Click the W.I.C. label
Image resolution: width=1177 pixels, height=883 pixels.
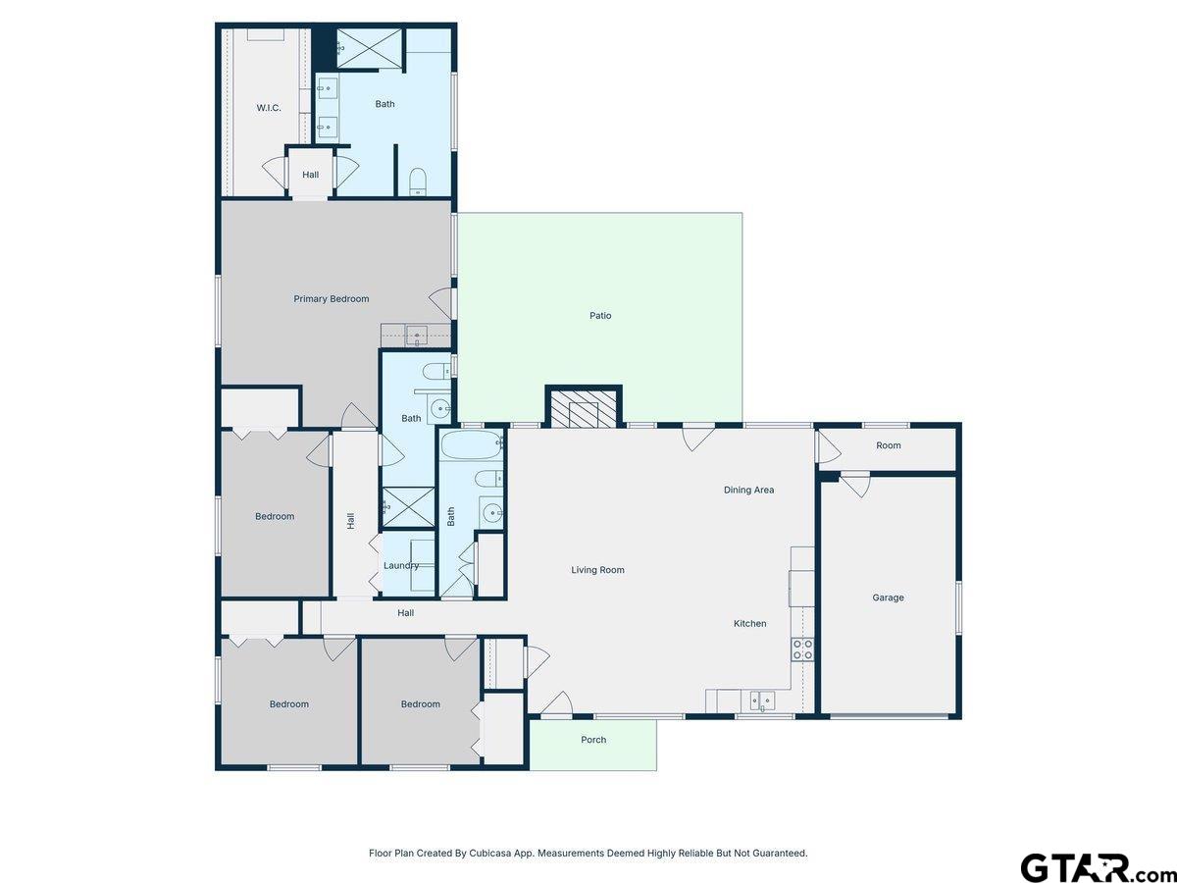tap(269, 108)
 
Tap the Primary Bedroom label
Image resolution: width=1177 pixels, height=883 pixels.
tap(332, 299)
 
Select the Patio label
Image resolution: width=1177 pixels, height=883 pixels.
tap(600, 316)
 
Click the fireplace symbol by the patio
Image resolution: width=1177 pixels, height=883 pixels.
tap(584, 409)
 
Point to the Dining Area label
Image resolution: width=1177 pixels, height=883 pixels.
tap(749, 491)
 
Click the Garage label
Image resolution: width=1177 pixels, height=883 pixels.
tap(889, 597)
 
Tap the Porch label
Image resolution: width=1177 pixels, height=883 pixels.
tap(593, 740)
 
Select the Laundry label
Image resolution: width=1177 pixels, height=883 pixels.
tap(401, 566)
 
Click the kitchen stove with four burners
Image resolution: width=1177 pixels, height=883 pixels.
tap(802, 649)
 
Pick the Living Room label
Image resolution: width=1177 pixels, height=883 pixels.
tap(598, 570)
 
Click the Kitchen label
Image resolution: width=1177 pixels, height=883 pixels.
tap(750, 624)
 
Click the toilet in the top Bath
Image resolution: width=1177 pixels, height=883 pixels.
tap(418, 180)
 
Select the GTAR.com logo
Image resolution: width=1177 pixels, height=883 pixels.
tap(1090, 867)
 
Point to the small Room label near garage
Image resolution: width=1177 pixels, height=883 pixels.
tap(889, 446)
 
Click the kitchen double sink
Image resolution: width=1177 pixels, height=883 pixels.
tap(761, 701)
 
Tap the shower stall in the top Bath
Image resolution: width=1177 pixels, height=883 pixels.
tap(369, 48)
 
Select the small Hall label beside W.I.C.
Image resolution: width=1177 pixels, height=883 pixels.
tap(311, 175)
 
